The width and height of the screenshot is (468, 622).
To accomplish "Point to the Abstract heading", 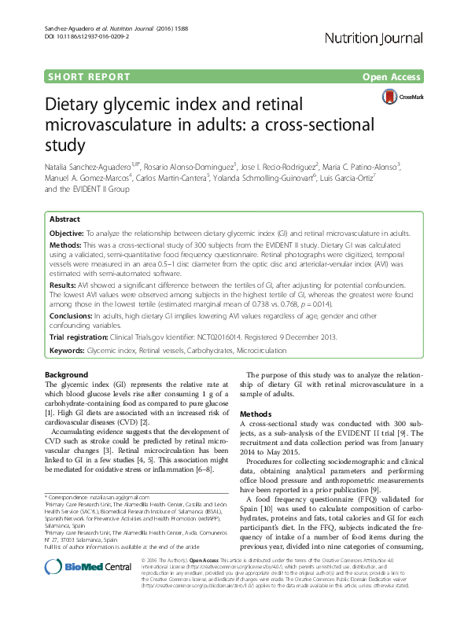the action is coord(64,220).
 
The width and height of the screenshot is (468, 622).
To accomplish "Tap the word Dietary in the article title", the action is coord(80,107).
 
